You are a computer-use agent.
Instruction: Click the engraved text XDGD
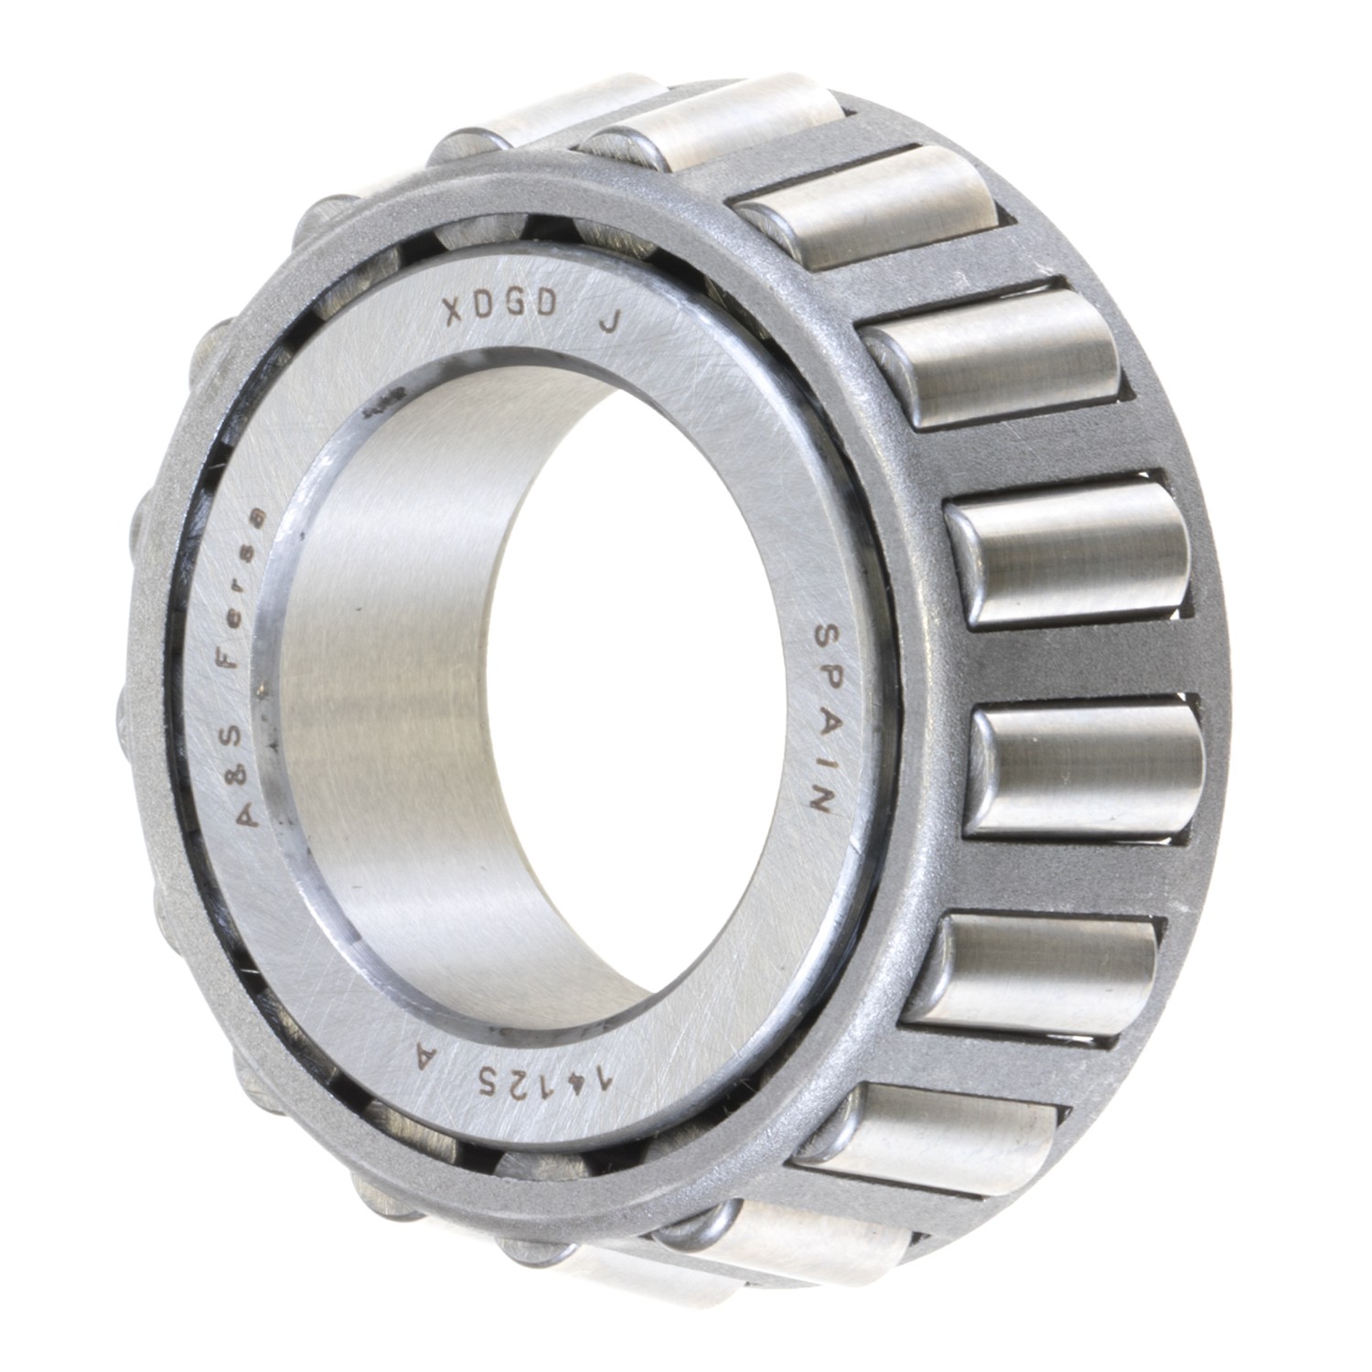[x=499, y=312]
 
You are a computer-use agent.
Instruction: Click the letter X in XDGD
[x=453, y=314]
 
